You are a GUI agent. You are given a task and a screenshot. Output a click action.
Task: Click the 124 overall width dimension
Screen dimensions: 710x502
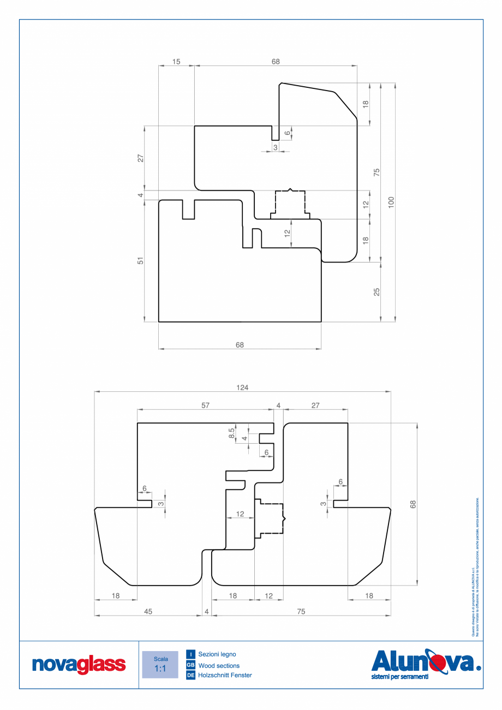pyautogui.click(x=242, y=387)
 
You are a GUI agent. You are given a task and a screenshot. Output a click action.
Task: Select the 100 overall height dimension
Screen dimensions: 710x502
pyautogui.click(x=391, y=202)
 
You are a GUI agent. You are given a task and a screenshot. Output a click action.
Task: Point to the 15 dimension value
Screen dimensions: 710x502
pyautogui.click(x=176, y=62)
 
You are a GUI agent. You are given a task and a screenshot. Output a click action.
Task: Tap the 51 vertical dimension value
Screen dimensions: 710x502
pyautogui.click(x=140, y=261)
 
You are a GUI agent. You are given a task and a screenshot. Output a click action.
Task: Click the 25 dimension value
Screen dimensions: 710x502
pyautogui.click(x=376, y=292)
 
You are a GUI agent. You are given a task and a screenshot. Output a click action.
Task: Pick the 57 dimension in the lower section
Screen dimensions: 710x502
pyautogui.click(x=205, y=405)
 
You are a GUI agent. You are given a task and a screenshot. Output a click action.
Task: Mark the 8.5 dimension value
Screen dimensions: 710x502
pyautogui.click(x=231, y=433)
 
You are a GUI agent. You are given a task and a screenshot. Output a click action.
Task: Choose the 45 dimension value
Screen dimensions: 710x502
pyautogui.click(x=148, y=612)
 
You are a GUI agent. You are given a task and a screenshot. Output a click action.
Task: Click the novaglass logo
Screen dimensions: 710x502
pyautogui.click(x=79, y=665)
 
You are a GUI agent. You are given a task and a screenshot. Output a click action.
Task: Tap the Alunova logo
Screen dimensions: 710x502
pyautogui.click(x=425, y=662)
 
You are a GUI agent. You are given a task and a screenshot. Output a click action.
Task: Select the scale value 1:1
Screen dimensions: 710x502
pyautogui.click(x=160, y=669)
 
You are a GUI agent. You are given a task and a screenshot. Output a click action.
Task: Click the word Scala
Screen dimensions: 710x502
pyautogui.click(x=160, y=659)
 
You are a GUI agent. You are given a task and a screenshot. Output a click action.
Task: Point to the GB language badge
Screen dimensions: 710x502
pyautogui.click(x=191, y=665)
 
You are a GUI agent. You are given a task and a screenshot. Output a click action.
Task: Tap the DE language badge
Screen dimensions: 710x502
pyautogui.click(x=191, y=676)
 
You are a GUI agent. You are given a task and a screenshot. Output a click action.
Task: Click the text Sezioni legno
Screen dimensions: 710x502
pyautogui.click(x=217, y=654)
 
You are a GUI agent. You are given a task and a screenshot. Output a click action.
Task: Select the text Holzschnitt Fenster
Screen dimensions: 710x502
pyautogui.click(x=225, y=676)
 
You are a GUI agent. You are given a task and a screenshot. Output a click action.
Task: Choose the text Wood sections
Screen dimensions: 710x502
pyautogui.click(x=219, y=665)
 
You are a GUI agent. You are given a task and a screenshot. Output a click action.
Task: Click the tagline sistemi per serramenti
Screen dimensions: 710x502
pyautogui.click(x=399, y=677)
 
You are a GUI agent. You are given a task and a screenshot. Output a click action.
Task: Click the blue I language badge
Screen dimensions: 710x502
pyautogui.click(x=191, y=654)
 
